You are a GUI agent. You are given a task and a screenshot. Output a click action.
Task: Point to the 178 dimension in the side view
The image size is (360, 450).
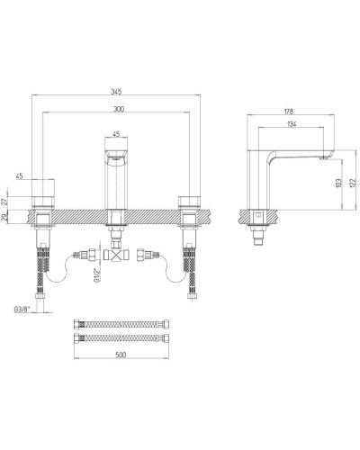click(290, 112)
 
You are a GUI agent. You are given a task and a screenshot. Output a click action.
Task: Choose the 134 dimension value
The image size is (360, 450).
click(290, 125)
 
